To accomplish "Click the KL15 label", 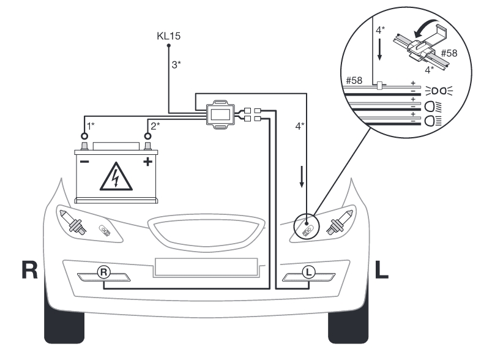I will pyautogui.click(x=168, y=36).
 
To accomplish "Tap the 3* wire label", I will pyautogui.click(x=176, y=64).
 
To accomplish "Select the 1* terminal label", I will pyautogui.click(x=91, y=125).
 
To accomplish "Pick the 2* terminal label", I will pyautogui.click(x=155, y=125).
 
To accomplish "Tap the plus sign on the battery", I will pyautogui.click(x=147, y=162).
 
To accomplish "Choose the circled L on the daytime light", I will pyautogui.click(x=310, y=271).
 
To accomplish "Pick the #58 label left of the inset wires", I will pyautogui.click(x=354, y=80).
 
